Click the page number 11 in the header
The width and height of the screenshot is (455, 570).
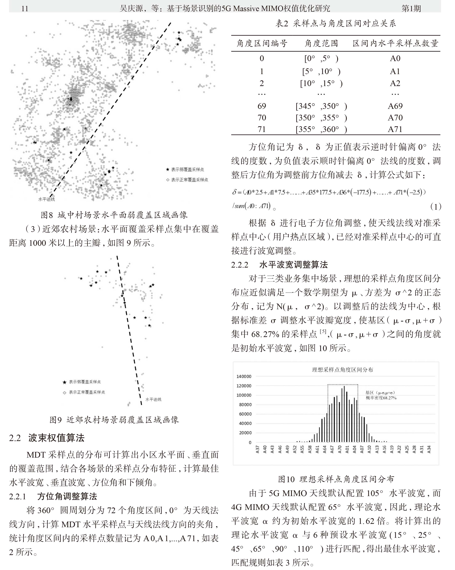(25, 8)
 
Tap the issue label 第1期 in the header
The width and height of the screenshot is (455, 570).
(411, 8)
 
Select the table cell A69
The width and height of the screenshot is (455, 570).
(395, 106)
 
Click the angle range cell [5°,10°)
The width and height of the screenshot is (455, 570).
(321, 71)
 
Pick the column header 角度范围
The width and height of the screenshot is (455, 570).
(321, 43)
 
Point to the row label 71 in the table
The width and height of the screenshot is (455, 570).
(261, 129)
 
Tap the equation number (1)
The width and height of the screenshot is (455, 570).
(435, 206)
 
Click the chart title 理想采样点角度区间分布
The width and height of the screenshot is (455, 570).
(342, 370)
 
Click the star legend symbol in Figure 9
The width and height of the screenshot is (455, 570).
(64, 382)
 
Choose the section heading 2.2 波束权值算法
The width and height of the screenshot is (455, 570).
(47, 438)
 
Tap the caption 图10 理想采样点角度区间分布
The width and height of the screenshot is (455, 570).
(336, 479)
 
